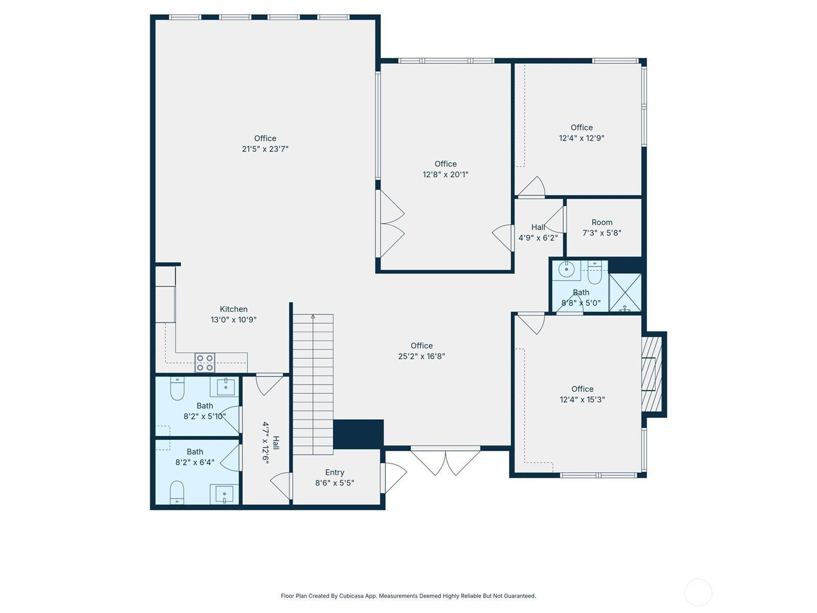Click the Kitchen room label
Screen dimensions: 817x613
(233, 309)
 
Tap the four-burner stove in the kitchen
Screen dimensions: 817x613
(205, 363)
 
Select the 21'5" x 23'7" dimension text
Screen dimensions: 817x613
(265, 149)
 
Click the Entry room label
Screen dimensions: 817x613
(334, 473)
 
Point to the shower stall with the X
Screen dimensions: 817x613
(625, 293)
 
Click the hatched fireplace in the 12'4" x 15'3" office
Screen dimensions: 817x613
(652, 374)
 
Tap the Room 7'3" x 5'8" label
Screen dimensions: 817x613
(602, 227)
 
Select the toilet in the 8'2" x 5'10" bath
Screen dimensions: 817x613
(177, 388)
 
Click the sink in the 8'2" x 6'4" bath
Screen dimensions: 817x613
(224, 493)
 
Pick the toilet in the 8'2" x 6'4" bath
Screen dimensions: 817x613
(177, 492)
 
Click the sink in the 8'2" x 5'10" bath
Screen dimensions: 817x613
(225, 387)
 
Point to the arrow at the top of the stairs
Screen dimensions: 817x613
(313, 317)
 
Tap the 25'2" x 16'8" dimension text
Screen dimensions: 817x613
(421, 356)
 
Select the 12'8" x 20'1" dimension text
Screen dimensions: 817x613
(445, 174)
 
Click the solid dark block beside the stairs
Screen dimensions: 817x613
(358, 434)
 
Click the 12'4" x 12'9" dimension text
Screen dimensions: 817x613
(582, 138)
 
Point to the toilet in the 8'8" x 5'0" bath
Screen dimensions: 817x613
(594, 272)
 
